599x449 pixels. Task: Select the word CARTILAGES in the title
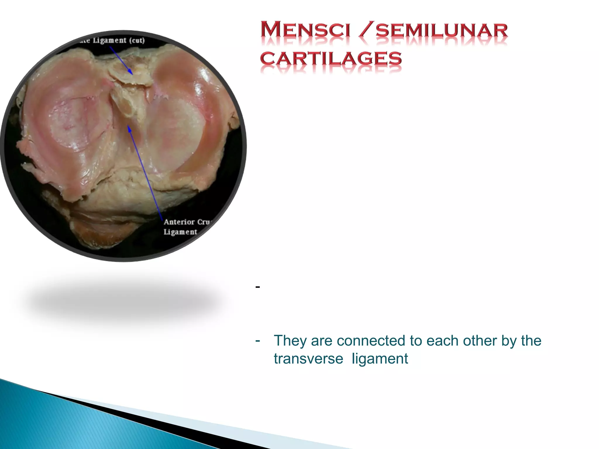(x=331, y=58)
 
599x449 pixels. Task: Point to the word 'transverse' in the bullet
(x=308, y=359)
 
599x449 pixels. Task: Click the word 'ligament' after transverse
(x=380, y=359)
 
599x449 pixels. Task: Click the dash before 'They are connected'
(x=258, y=340)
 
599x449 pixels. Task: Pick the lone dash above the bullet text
(x=258, y=287)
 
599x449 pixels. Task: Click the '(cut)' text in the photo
(x=137, y=40)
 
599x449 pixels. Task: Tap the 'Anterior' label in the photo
(x=179, y=222)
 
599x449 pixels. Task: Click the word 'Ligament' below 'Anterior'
(x=180, y=232)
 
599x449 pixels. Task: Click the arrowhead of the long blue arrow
(x=129, y=128)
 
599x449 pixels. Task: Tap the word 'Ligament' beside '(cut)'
(x=110, y=40)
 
